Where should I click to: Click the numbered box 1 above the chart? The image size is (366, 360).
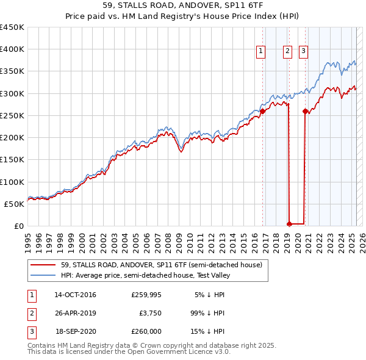260,52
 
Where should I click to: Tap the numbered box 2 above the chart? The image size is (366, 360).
287,52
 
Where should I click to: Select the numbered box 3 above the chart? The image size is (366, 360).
303,52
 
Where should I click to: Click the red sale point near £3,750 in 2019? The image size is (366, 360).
289,224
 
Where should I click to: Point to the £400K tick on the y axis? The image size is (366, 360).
13,49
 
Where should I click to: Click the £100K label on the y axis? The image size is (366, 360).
13,182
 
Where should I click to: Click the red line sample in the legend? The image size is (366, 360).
43,265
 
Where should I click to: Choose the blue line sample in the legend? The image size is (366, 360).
43,275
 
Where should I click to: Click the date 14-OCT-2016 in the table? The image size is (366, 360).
75,295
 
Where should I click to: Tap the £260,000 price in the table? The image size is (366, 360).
146,331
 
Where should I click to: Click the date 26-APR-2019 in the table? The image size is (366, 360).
75,313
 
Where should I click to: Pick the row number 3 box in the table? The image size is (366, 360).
31,331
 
